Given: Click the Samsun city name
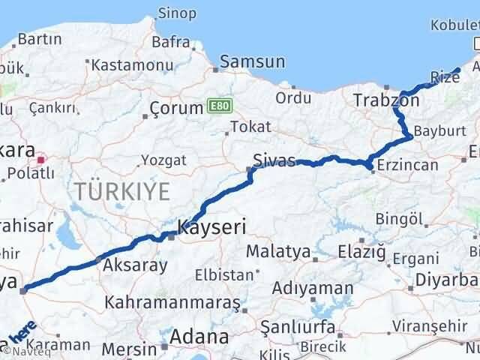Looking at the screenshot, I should tap(252, 62).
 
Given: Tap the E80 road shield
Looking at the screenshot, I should tap(216, 107).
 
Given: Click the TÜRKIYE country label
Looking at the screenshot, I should tap(122, 192).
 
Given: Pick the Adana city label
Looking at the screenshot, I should tap(198, 337).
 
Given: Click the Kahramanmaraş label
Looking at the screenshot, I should tap(172, 302).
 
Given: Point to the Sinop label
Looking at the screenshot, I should tap(178, 13).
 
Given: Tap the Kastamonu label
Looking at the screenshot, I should tap(127, 65).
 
